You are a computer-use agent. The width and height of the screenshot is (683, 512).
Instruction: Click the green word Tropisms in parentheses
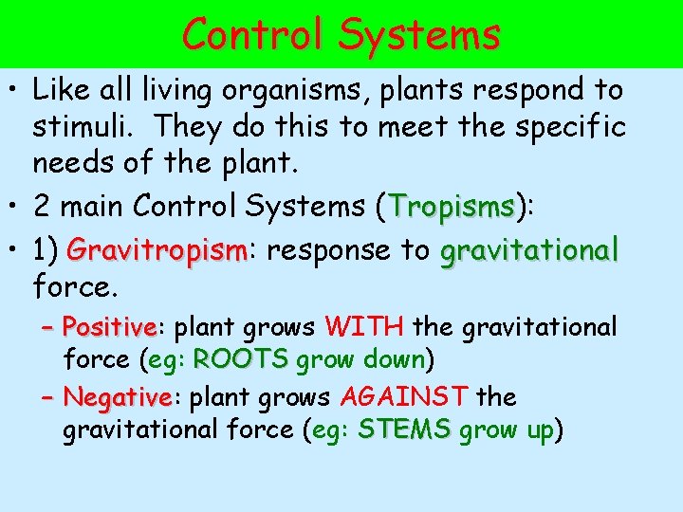(x=452, y=206)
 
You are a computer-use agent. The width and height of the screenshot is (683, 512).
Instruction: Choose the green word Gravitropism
(x=157, y=251)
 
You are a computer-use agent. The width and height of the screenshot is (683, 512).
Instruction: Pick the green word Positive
(x=109, y=328)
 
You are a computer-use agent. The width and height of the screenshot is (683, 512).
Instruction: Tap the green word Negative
(x=117, y=396)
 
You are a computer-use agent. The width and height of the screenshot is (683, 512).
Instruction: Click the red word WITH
(x=365, y=328)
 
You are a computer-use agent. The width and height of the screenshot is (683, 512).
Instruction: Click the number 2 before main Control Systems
(x=42, y=206)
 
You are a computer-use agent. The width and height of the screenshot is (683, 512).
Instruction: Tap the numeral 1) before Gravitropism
(x=46, y=251)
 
